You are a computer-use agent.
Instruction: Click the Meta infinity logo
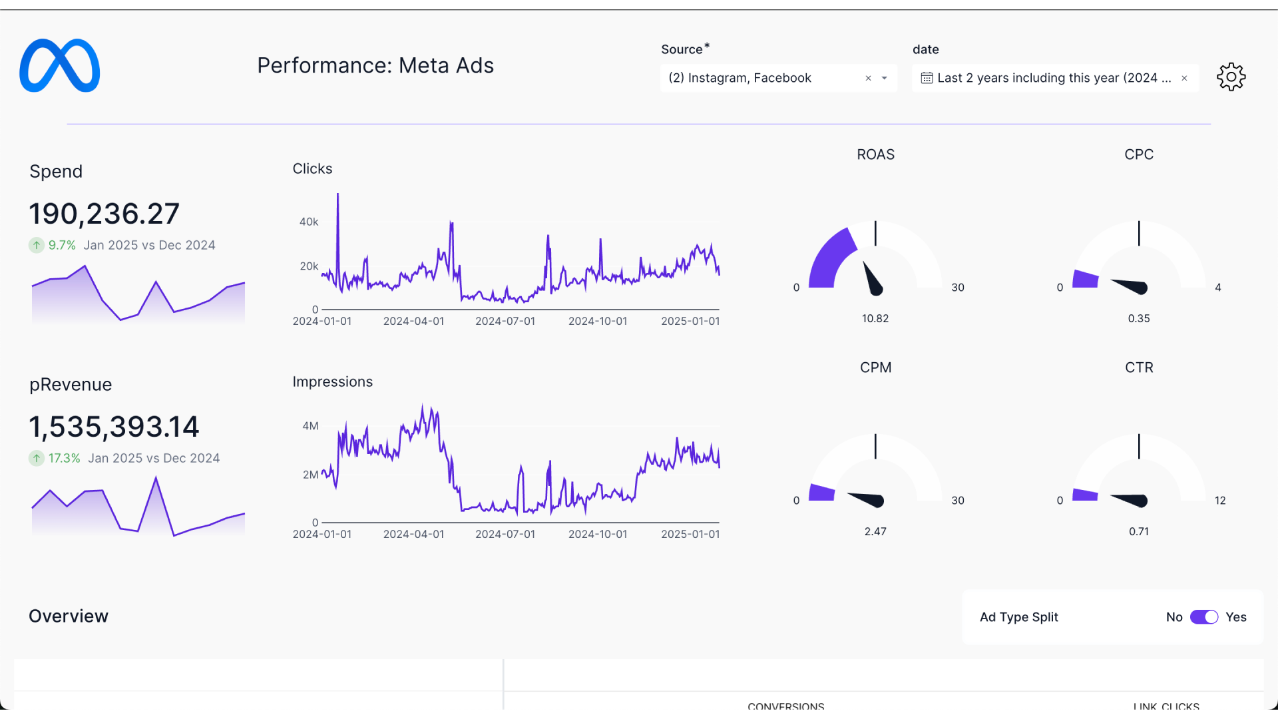coord(60,66)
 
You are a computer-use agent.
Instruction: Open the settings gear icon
coord(1231,77)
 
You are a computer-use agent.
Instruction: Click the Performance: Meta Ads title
coord(375,66)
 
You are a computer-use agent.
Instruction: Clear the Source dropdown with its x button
coord(868,79)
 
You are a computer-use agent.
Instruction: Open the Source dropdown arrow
coord(885,79)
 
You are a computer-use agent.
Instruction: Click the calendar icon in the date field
coord(926,79)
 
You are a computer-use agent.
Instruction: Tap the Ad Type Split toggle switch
coord(1203,617)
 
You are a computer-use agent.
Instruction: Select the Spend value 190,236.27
coord(105,214)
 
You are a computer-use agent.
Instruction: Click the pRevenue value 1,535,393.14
coord(114,427)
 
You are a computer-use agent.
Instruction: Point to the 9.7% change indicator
coord(61,245)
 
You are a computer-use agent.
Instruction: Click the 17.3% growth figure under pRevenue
coord(64,458)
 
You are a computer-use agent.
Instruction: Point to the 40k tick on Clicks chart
coord(309,222)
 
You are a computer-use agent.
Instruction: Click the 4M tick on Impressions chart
coord(310,426)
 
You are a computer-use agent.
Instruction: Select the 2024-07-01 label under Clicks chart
coord(505,321)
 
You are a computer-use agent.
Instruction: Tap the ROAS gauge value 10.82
coord(875,318)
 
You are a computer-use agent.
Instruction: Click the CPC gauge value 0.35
coord(1138,318)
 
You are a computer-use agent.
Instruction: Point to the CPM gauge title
coord(875,367)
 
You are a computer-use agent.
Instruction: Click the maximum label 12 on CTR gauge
coord(1219,501)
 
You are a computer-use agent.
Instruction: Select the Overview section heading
coord(69,616)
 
